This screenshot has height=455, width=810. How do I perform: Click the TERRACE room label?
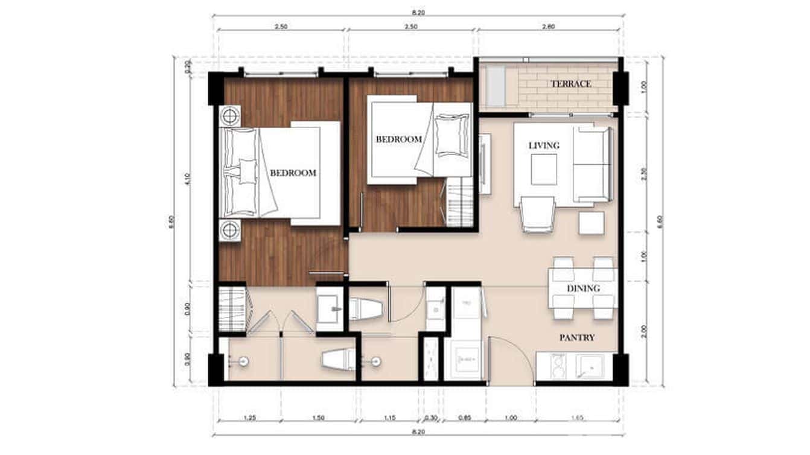click(x=570, y=84)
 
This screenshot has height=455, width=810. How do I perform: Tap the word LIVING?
click(x=544, y=145)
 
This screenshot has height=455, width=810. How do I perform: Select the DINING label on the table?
click(x=583, y=288)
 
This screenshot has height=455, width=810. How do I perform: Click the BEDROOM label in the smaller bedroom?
click(x=399, y=139)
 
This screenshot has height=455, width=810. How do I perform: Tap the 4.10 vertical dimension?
click(x=188, y=179)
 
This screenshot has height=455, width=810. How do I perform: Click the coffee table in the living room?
click(x=544, y=169)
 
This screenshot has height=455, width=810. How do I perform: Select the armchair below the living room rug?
click(x=537, y=215)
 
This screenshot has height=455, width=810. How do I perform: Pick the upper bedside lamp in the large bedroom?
click(x=230, y=115)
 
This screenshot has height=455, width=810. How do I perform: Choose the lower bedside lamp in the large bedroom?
click(x=230, y=229)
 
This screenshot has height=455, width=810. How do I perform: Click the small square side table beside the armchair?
click(x=591, y=223)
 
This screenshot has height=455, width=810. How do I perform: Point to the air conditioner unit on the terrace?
click(x=496, y=86)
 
